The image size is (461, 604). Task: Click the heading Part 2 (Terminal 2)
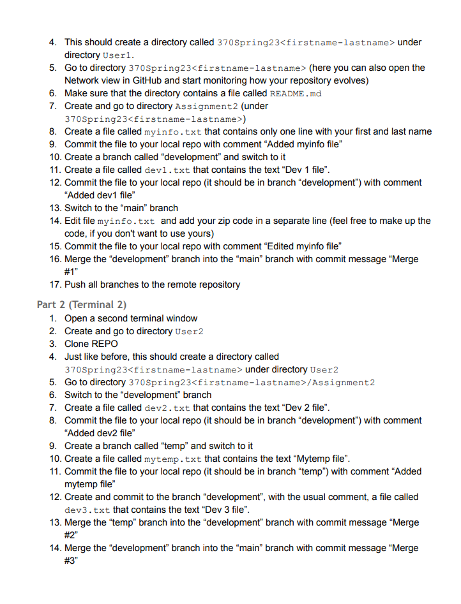pyautogui.click(x=81, y=304)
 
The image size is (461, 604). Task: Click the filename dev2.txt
pyautogui.click(x=167, y=408)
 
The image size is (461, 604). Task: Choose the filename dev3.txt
pyautogui.click(x=87, y=510)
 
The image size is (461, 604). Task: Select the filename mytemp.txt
pyautogui.click(x=173, y=459)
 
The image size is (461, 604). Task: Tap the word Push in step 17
pyautogui.click(x=75, y=284)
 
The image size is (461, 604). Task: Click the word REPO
pyautogui.click(x=105, y=344)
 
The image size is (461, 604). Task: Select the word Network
pyautogui.click(x=83, y=81)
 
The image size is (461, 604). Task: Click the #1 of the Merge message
pyautogui.click(x=71, y=272)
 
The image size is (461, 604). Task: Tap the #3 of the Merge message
pyautogui.click(x=71, y=561)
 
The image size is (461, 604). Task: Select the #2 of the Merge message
pyautogui.click(x=71, y=535)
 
